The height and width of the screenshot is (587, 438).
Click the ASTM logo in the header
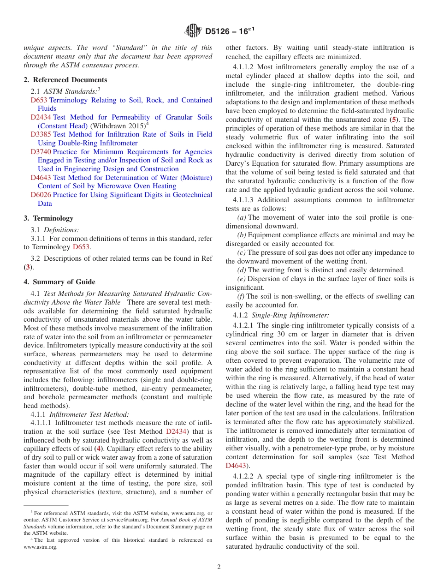click(x=193, y=31)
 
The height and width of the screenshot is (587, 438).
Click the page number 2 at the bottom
click(x=219, y=567)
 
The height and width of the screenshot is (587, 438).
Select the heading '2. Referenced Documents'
click(x=65, y=80)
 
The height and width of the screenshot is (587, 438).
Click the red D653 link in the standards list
click(x=39, y=100)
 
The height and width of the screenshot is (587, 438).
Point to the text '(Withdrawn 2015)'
click(x=118, y=126)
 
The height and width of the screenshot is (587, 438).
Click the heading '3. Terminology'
click(x=48, y=218)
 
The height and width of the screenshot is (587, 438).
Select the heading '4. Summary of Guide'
click(x=59, y=282)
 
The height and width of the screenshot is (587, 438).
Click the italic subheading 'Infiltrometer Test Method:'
click(x=89, y=414)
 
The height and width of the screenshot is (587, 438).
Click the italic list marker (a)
click(x=241, y=218)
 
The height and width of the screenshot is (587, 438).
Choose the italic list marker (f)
click(x=241, y=296)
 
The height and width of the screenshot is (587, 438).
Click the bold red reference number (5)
click(x=394, y=120)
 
